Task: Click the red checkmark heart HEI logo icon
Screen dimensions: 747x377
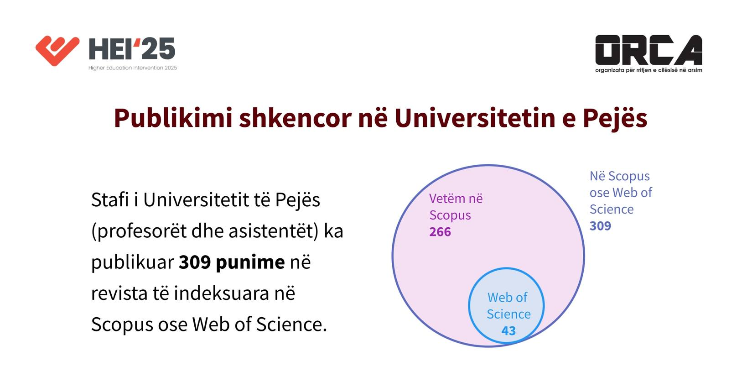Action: point(57,50)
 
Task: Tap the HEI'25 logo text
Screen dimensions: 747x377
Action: point(132,49)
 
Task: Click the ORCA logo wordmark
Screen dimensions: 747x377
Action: point(648,50)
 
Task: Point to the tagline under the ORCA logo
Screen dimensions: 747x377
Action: point(648,70)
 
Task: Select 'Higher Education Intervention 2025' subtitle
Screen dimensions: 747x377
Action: point(133,68)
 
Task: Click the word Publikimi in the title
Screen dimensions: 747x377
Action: point(173,118)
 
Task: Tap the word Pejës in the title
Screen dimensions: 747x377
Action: point(615,118)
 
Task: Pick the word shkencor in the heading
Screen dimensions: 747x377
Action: point(295,118)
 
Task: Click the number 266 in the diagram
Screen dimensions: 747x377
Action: point(440,232)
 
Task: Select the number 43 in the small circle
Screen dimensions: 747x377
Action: point(508,331)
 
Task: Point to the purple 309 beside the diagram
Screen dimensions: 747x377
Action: point(600,226)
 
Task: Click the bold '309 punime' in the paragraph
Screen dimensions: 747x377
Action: point(232,262)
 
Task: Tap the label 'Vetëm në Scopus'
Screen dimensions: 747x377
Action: point(456,207)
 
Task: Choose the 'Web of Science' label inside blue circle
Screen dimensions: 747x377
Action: point(508,306)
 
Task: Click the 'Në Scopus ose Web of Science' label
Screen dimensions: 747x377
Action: point(621,193)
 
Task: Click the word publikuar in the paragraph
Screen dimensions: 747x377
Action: point(133,262)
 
